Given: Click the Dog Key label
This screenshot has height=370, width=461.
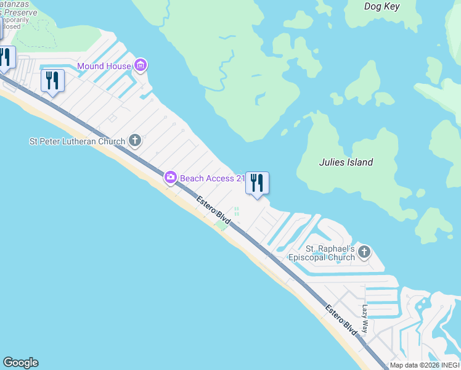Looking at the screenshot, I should point(381,7).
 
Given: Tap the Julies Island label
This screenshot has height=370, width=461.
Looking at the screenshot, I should point(346,163).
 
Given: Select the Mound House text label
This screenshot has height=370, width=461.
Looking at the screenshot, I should point(104,66).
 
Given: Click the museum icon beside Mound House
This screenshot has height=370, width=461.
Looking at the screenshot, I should point(141,65).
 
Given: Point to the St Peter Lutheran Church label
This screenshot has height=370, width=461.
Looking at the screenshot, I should point(77,141).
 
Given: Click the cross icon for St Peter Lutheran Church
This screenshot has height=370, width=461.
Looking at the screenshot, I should point(135,141).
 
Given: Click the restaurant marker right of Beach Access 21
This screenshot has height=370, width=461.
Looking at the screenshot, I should point(257,183).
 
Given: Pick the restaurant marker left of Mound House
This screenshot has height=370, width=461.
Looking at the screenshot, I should point(52,81).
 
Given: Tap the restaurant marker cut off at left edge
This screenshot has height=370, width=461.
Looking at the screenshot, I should point(5,59).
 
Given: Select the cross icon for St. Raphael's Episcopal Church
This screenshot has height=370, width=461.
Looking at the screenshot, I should point(364,252).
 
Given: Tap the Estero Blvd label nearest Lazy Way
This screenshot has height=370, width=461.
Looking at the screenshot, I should point(341,320).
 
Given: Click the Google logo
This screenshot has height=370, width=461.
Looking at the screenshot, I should point(20,363).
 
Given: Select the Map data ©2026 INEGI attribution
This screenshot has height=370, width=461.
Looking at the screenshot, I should point(425,365).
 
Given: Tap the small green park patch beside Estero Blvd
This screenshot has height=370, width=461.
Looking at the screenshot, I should point(221,225).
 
